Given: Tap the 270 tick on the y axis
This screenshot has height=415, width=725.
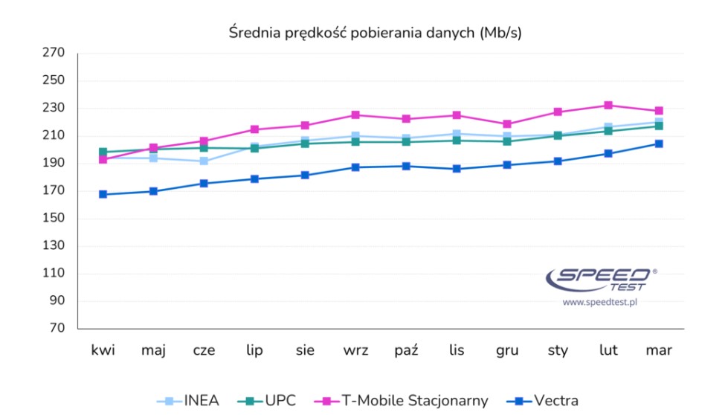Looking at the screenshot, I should [x=55, y=53].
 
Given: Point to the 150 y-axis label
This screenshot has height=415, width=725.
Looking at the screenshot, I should [x=55, y=219].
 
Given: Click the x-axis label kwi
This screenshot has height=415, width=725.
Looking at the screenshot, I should [x=103, y=351].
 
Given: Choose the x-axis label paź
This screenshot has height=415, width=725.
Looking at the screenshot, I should [x=406, y=351].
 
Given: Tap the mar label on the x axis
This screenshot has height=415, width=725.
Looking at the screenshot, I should [x=658, y=351].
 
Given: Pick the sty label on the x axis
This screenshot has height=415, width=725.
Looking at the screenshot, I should [x=557, y=351].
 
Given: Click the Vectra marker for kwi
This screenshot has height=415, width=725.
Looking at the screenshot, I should [x=103, y=194].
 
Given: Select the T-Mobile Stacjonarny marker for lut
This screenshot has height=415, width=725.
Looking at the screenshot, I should [x=608, y=106].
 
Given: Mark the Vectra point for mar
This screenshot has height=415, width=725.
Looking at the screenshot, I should [x=658, y=144].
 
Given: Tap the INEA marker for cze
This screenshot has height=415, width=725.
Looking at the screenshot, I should [x=204, y=161].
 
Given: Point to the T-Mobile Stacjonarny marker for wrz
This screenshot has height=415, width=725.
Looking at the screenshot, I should [x=355, y=115].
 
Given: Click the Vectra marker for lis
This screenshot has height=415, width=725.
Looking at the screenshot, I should [x=457, y=169].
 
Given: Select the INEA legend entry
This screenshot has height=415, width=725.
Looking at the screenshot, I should [x=189, y=401].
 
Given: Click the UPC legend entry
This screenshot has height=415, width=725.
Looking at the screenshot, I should [x=268, y=401].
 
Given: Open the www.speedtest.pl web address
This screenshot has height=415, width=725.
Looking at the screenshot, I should [x=601, y=302].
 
